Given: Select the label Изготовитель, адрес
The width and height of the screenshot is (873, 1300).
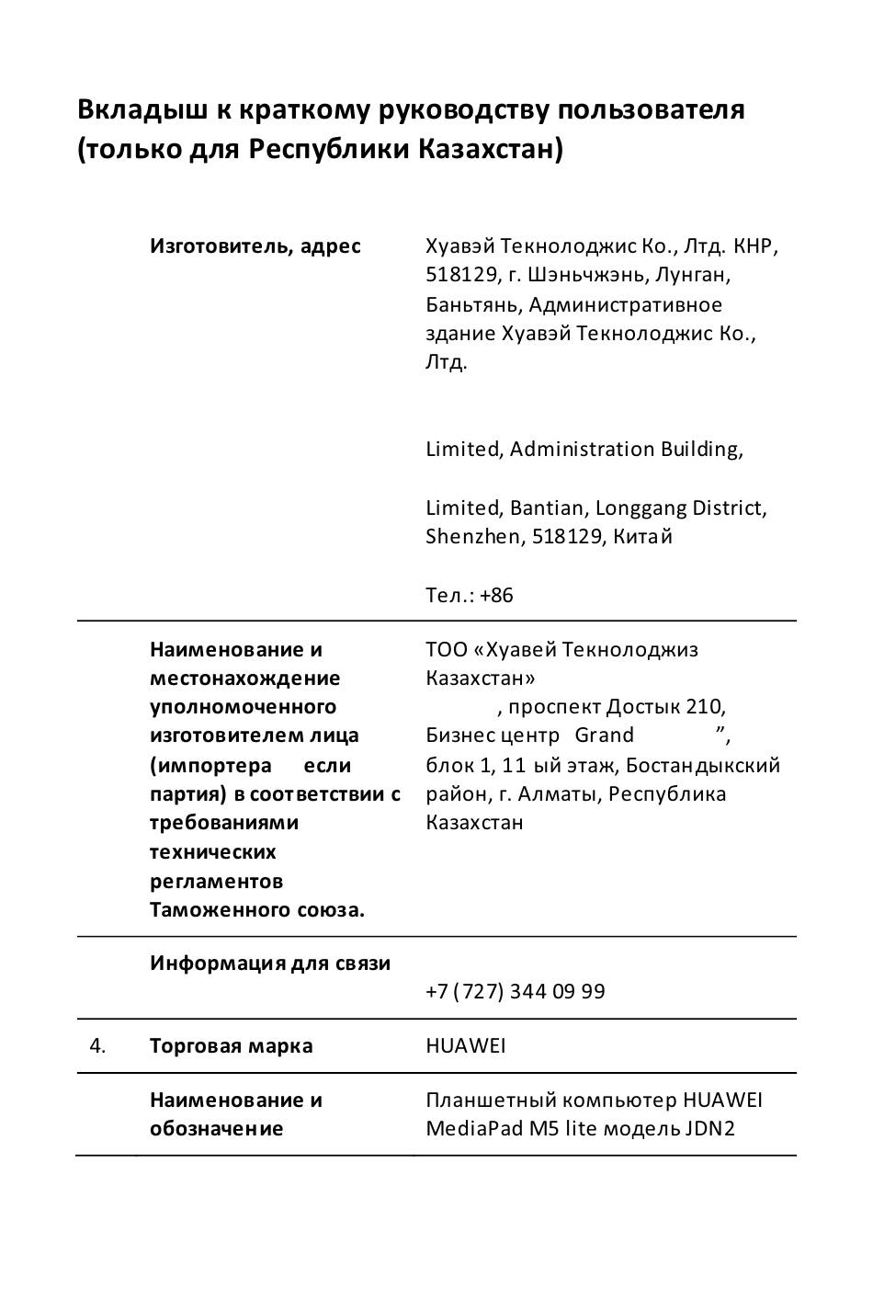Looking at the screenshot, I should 255,246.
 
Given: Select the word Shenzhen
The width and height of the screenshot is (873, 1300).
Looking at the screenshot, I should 471,536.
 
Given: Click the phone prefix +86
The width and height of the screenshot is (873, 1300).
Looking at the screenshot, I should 496,595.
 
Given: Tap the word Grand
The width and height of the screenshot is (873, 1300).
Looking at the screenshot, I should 605,735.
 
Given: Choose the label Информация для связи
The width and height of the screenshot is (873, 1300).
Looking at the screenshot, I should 270,964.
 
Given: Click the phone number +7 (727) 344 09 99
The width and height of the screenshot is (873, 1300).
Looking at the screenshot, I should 516,991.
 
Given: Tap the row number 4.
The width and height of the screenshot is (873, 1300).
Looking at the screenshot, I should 97,1045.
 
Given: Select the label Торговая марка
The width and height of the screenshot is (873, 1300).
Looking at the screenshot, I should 231,1045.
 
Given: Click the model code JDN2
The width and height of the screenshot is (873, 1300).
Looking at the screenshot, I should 709,1128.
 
